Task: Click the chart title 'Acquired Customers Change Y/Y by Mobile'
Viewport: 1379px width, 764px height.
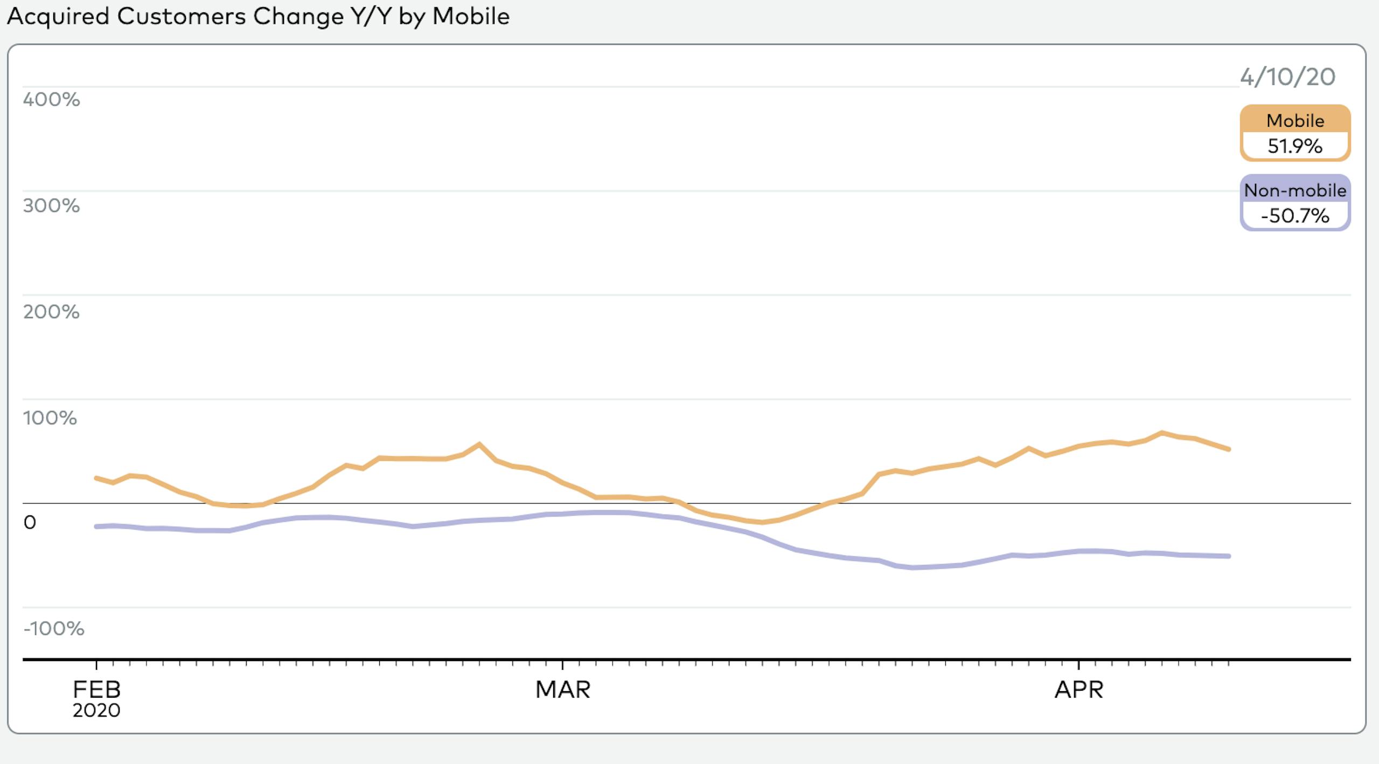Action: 258,17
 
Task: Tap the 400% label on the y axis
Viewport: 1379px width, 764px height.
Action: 51,99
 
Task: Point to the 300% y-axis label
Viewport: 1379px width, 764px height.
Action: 51,205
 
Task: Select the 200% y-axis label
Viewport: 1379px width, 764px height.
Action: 51,312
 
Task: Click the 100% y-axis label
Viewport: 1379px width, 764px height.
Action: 50,418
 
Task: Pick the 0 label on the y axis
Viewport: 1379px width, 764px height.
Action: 30,522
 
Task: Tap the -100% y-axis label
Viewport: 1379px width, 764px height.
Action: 54,629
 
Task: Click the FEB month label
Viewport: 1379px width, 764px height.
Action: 96,690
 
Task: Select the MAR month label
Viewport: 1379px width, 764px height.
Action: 563,690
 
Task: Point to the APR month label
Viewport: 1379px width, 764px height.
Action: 1079,690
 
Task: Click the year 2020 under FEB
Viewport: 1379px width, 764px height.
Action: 96,711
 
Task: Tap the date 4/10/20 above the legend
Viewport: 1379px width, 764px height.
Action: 1287,77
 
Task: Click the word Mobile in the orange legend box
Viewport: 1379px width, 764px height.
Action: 1295,120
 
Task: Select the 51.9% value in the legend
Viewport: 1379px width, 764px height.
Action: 1295,146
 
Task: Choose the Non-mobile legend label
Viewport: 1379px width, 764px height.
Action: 1295,190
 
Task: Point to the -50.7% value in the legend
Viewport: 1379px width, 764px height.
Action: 1295,216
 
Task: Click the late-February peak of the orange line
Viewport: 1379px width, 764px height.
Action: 479,444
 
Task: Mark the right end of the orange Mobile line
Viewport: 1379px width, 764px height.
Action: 1228,449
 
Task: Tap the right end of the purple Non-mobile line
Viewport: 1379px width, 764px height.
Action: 1228,556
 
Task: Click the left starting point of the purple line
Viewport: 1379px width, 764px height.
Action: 96,526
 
